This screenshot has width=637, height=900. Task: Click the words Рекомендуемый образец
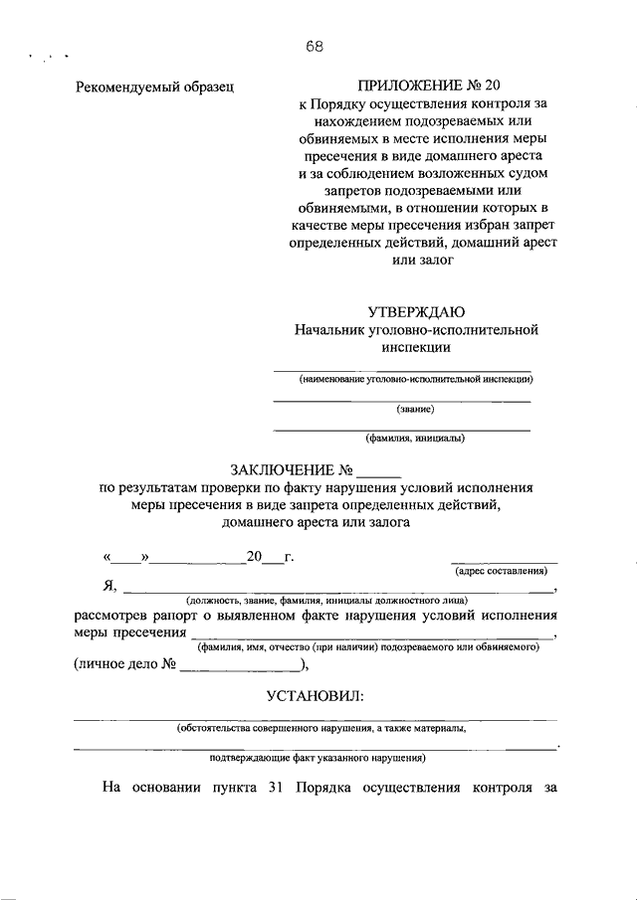pyautogui.click(x=154, y=88)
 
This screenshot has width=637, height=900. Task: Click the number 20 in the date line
pyautogui.click(x=255, y=558)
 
